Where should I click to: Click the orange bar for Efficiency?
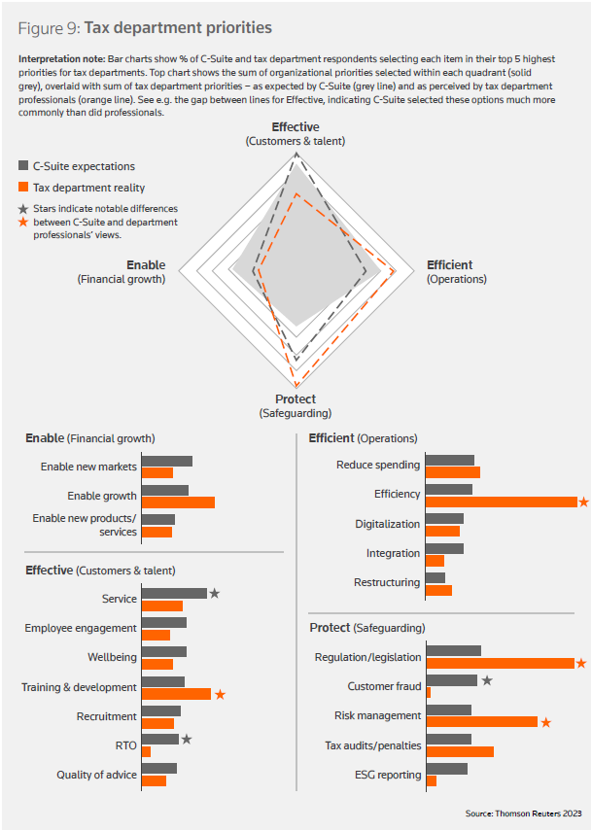(x=502, y=502)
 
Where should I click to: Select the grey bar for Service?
(x=174, y=593)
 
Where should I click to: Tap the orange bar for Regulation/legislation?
(x=501, y=664)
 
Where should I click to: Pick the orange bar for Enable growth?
(x=178, y=502)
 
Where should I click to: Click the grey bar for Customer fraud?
(x=452, y=680)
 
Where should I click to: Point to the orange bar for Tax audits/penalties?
(x=460, y=751)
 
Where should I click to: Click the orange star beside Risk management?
(x=546, y=722)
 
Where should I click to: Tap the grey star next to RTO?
(x=187, y=740)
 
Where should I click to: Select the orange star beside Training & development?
(x=220, y=694)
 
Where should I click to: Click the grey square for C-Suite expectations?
(x=24, y=166)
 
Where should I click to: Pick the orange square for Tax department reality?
(x=24, y=188)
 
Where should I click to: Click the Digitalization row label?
(x=387, y=525)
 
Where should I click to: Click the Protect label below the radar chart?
(x=296, y=399)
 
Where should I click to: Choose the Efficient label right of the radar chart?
(x=449, y=265)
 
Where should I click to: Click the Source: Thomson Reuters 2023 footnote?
(x=523, y=813)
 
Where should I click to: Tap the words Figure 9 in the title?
(x=47, y=27)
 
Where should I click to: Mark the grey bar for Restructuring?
(x=435, y=577)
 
